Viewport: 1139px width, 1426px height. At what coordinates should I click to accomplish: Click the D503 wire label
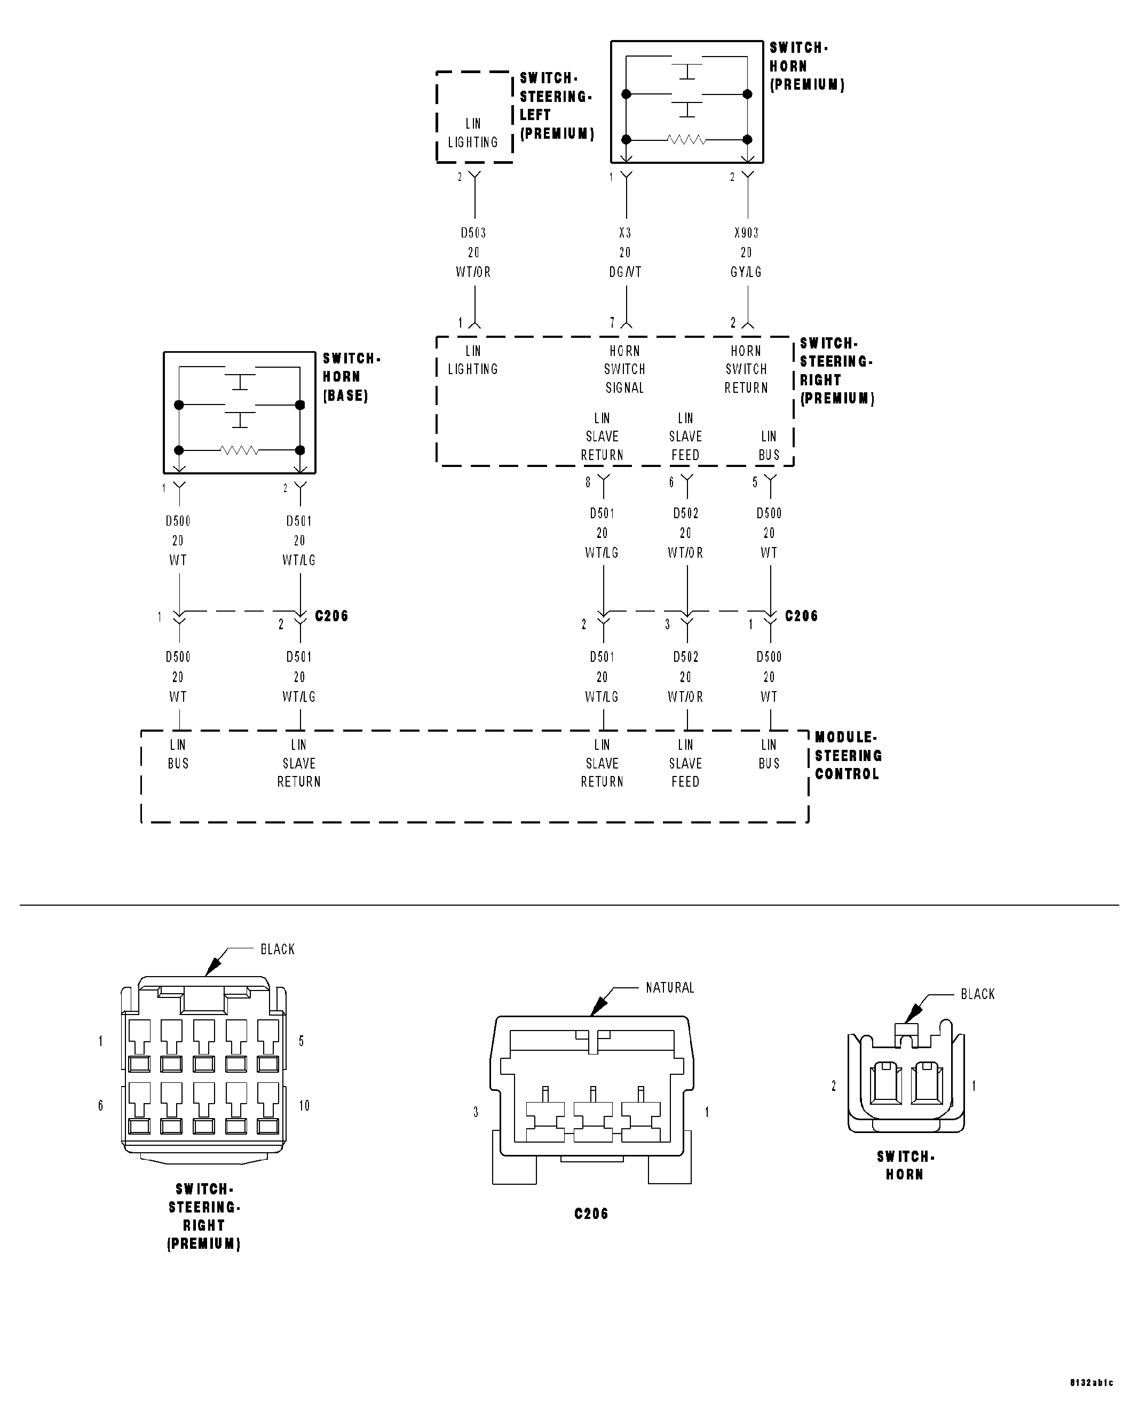(x=473, y=233)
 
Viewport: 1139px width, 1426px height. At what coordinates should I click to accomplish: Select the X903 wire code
(x=746, y=233)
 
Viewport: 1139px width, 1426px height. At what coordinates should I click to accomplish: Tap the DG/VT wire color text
(x=625, y=272)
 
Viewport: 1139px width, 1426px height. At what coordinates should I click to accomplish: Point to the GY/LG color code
(x=746, y=272)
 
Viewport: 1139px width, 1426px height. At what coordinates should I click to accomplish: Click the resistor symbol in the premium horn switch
(x=686, y=139)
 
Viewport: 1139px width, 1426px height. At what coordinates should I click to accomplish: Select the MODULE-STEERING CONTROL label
(x=848, y=755)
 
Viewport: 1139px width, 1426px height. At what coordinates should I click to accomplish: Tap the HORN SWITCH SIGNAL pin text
(x=624, y=369)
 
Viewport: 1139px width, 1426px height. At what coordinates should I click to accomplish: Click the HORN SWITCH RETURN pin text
(x=746, y=369)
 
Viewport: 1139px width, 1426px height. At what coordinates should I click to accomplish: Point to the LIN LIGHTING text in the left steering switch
(x=473, y=133)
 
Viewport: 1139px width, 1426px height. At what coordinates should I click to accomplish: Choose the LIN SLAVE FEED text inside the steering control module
(x=685, y=763)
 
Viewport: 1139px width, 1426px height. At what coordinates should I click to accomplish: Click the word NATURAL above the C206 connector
(x=670, y=987)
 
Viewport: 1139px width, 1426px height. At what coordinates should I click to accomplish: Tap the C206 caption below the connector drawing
(x=591, y=1214)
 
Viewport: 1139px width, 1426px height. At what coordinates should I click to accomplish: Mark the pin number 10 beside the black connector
(x=304, y=1105)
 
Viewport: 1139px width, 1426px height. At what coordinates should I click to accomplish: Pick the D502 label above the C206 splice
(x=686, y=513)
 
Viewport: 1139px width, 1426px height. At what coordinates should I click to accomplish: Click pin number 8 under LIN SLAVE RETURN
(x=587, y=482)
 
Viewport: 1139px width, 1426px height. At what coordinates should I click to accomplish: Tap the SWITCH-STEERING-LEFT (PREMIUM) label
(x=556, y=106)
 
